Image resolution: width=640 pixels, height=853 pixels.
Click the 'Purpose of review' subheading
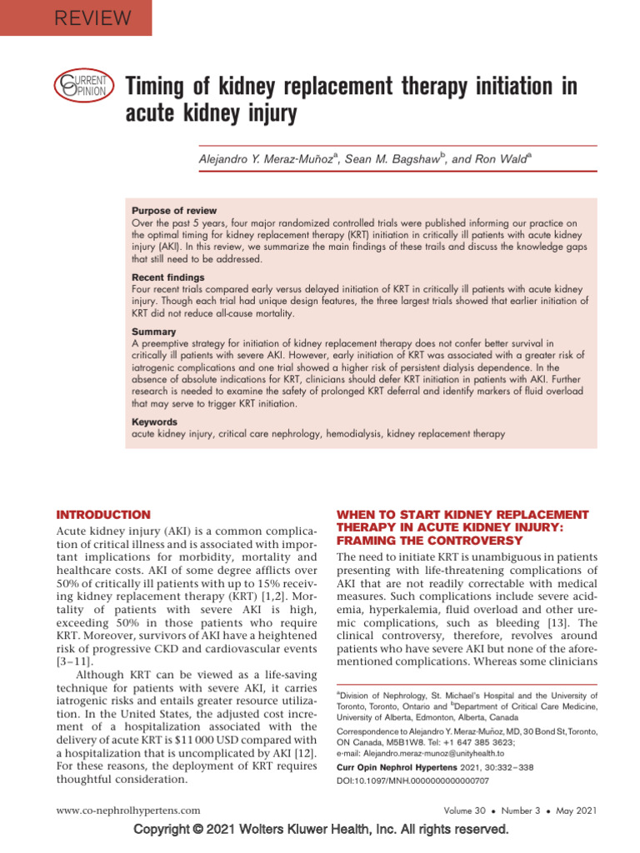coord(174,211)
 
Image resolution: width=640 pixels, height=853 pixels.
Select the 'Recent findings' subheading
coord(168,277)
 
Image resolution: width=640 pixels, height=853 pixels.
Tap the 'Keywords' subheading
coord(156,422)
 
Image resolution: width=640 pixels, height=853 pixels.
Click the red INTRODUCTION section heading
coord(102,515)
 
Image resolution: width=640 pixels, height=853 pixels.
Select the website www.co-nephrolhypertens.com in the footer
coord(127,810)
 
